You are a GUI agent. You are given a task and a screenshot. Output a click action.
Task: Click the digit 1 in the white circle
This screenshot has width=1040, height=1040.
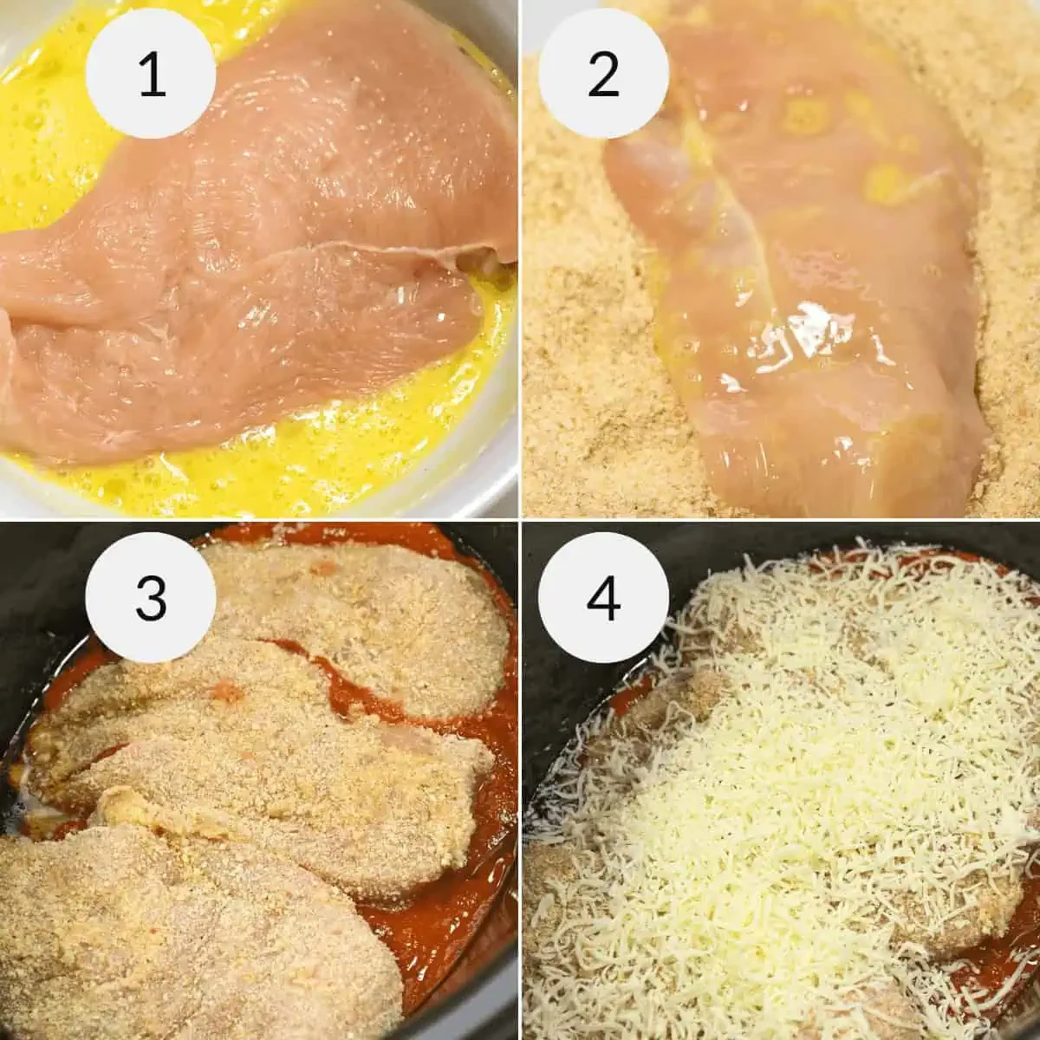(x=152, y=76)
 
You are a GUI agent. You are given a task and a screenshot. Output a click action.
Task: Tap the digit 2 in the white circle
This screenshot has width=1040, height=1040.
(x=603, y=76)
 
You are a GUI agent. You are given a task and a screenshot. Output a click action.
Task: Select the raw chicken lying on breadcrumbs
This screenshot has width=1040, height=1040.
(x=780, y=260)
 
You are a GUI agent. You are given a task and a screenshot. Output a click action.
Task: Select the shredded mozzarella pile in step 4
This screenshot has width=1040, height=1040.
(x=780, y=737)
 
